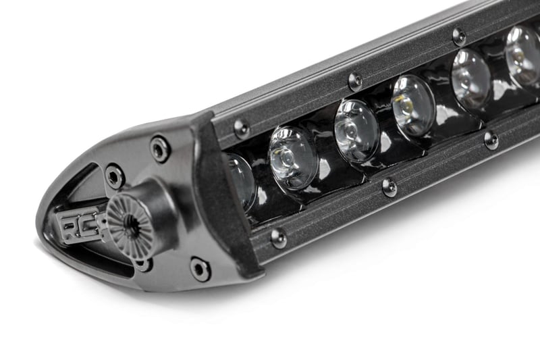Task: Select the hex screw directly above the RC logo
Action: click(x=114, y=176)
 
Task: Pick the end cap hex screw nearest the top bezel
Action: click(x=160, y=148)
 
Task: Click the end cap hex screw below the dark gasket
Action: click(x=200, y=268)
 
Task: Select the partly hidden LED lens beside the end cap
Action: click(x=240, y=180)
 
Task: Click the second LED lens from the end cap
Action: click(x=292, y=157)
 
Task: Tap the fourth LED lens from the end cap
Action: click(x=413, y=105)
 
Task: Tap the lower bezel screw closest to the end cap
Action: click(x=278, y=236)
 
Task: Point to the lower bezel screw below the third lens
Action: click(x=389, y=187)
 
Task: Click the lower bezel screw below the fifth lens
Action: click(x=491, y=140)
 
